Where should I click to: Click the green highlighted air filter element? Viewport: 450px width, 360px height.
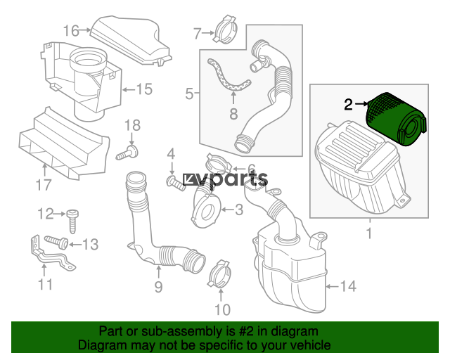click(x=396, y=119)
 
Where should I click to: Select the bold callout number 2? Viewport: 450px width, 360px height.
click(x=348, y=105)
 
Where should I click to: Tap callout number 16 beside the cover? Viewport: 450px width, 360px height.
click(x=71, y=31)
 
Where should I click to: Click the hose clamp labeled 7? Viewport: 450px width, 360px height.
click(x=226, y=30)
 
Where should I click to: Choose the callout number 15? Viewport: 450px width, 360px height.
click(x=144, y=89)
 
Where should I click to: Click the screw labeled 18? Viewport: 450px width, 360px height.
click(x=128, y=152)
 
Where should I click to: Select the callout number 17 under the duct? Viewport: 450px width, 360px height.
click(x=44, y=185)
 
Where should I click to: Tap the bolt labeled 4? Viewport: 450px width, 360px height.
click(x=176, y=184)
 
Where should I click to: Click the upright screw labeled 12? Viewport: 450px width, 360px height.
click(x=72, y=221)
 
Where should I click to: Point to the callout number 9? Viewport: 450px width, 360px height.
click(x=158, y=286)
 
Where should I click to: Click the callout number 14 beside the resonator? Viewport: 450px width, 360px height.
click(x=349, y=286)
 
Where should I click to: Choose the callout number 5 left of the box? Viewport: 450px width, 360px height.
click(x=189, y=94)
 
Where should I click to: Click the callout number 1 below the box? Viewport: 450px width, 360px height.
click(x=369, y=233)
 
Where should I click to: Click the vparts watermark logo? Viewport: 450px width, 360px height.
click(x=225, y=180)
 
